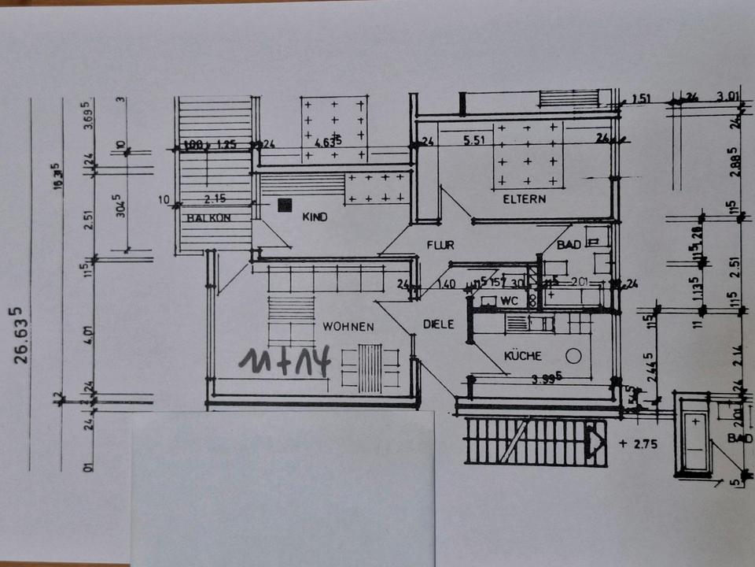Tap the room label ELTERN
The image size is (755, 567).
tap(525, 199)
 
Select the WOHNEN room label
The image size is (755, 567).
tap(347, 325)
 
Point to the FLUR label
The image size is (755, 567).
tap(440, 245)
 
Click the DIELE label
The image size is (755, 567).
tap(438, 323)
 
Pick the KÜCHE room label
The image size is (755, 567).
tap(523, 356)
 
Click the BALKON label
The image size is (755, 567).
tap(209, 218)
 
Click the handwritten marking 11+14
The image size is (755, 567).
tap(288, 361)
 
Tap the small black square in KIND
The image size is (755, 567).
tap(285, 205)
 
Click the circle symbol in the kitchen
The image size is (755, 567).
tap(574, 355)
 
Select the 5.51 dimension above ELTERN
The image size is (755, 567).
tap(477, 142)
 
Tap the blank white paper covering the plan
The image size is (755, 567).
tap(283, 488)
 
